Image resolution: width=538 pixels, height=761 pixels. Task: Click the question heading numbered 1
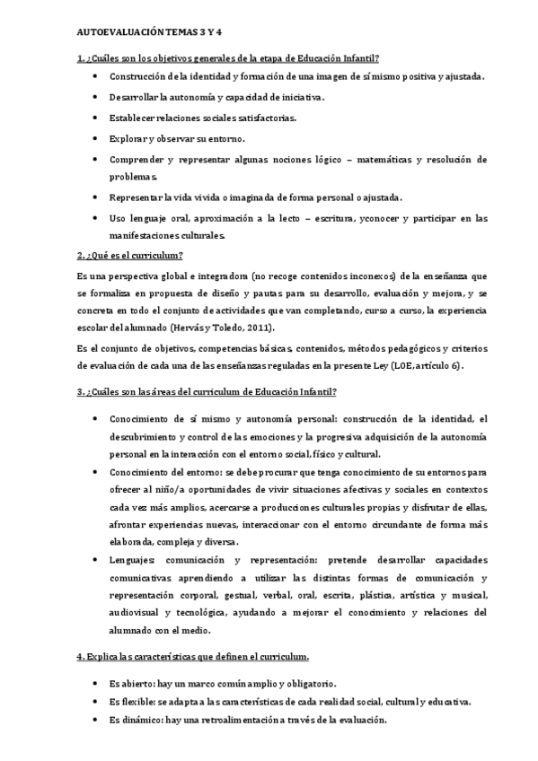[x=227, y=58]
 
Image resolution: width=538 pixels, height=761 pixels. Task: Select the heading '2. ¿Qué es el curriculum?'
[x=129, y=256]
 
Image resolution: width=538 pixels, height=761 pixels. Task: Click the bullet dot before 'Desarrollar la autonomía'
[x=96, y=97]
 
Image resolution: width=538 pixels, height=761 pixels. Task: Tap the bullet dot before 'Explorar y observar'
[x=96, y=138]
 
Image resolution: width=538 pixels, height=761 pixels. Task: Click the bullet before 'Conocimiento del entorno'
[x=96, y=471]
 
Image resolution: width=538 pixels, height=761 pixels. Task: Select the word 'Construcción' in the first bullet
[x=140, y=76]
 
